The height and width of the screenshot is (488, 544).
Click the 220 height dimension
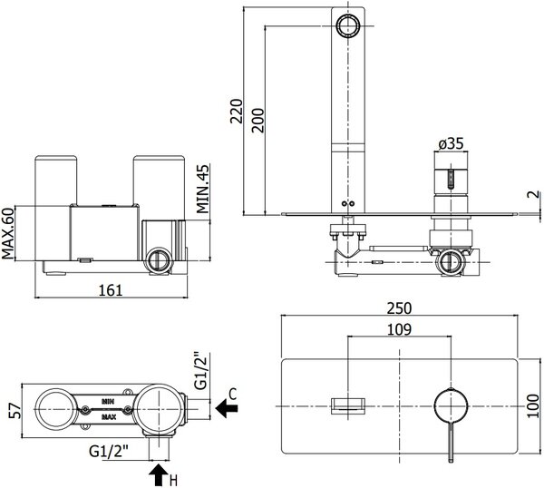pyautogui.click(x=236, y=112)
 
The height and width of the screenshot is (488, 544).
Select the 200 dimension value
pyautogui.click(x=257, y=121)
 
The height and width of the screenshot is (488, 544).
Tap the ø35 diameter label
pyautogui.click(x=451, y=143)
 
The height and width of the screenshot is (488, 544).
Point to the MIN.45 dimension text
pyautogui.click(x=203, y=190)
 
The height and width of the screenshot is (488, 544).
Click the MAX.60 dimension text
pyautogui.click(x=8, y=233)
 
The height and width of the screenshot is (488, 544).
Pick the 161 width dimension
pyautogui.click(x=111, y=290)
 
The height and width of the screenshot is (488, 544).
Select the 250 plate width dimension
pyautogui.click(x=399, y=308)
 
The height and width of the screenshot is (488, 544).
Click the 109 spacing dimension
pyautogui.click(x=399, y=329)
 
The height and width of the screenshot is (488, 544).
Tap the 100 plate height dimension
pyautogui.click(x=534, y=406)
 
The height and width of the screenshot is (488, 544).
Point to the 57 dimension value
pyautogui.click(x=15, y=411)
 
